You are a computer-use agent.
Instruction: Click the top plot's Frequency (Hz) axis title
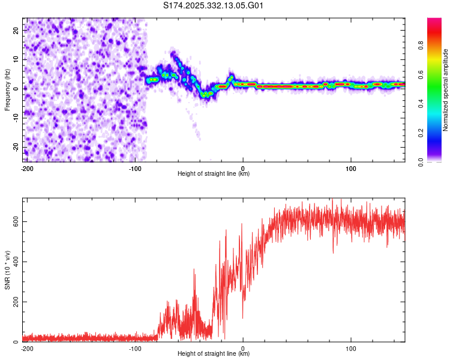(x=7, y=89)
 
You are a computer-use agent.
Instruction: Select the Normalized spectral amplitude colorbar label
(x=446, y=90)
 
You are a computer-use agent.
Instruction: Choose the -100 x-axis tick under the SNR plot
(x=134, y=348)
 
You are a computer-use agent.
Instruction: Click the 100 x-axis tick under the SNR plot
(x=351, y=348)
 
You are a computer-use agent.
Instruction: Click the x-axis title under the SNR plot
(x=214, y=354)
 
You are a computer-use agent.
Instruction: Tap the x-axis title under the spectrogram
(x=214, y=174)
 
